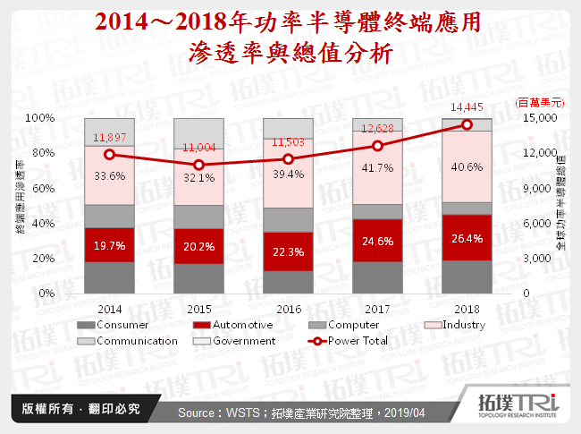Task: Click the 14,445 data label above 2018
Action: (466, 108)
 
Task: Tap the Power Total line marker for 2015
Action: (198, 166)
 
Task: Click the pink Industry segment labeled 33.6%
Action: (109, 176)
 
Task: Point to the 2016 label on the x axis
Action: (288, 307)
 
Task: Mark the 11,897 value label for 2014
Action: (109, 137)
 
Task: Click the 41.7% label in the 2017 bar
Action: (377, 168)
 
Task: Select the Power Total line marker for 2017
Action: (377, 146)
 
